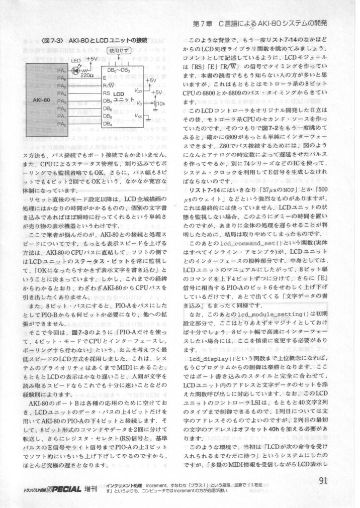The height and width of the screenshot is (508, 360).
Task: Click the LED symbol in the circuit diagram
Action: click(76, 71)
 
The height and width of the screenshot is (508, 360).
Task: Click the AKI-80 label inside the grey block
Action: click(40, 100)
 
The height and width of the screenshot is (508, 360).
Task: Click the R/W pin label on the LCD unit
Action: click(107, 86)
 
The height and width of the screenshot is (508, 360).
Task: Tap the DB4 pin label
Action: click(107, 124)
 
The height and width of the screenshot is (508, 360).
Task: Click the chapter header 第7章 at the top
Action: click(203, 24)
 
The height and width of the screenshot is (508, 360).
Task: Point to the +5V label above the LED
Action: click(92, 59)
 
